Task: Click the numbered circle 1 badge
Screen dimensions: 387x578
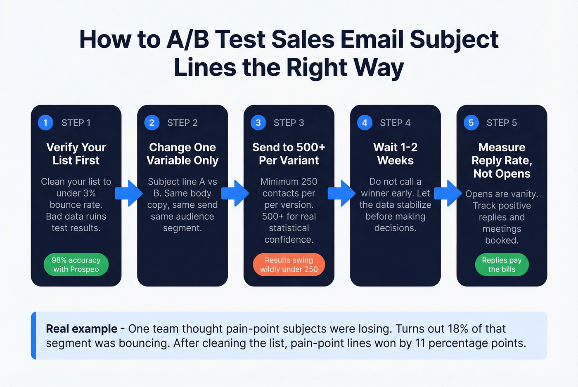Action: (45, 122)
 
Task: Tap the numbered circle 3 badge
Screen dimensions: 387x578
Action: (258, 122)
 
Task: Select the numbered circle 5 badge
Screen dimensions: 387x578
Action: (471, 122)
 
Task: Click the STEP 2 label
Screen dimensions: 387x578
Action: (182, 123)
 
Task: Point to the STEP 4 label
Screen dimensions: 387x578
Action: (395, 123)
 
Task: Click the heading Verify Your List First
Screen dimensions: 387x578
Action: (76, 154)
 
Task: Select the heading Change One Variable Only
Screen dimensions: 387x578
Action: (182, 154)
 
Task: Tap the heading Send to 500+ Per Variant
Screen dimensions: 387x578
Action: (289, 154)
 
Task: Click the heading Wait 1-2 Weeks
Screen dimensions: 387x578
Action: (395, 154)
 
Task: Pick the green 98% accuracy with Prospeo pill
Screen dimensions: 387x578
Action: (76, 265)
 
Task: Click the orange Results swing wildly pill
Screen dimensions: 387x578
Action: (289, 265)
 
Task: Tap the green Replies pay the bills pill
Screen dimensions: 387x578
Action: (502, 265)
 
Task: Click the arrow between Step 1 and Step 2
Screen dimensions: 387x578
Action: (129, 193)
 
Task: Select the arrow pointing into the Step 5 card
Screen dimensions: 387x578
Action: (449, 193)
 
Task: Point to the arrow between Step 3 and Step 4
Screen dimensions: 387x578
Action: (342, 193)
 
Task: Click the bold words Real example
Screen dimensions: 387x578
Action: (81, 329)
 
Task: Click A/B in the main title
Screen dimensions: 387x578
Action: (188, 40)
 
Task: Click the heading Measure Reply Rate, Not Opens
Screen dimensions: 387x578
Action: (502, 160)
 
